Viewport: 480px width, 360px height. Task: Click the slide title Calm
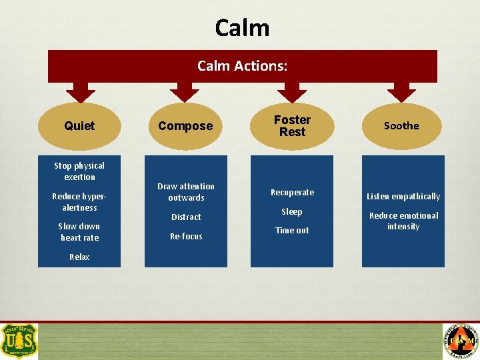pyautogui.click(x=242, y=28)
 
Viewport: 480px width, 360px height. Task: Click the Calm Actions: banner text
pyautogui.click(x=243, y=66)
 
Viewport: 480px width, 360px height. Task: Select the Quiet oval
pyautogui.click(x=79, y=126)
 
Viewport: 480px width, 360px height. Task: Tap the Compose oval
pyautogui.click(x=185, y=126)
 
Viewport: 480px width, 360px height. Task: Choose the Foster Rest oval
pyautogui.click(x=292, y=126)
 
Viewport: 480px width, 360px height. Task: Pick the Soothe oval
pyautogui.click(x=401, y=126)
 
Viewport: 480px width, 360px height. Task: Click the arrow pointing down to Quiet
pyautogui.click(x=80, y=93)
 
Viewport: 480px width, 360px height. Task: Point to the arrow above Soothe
pyautogui.click(x=401, y=93)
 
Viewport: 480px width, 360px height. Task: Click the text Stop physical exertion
pyautogui.click(x=79, y=171)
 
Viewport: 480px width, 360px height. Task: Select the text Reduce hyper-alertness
pyautogui.click(x=79, y=202)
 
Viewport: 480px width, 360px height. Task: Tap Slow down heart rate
pyautogui.click(x=79, y=232)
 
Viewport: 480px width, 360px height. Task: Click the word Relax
pyautogui.click(x=79, y=257)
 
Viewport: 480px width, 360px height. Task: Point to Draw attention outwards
pyautogui.click(x=186, y=192)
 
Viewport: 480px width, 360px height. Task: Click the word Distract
pyautogui.click(x=186, y=217)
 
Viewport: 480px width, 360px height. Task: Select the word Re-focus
pyautogui.click(x=186, y=237)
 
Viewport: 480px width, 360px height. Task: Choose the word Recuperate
pyautogui.click(x=292, y=193)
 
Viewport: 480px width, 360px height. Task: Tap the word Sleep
pyautogui.click(x=292, y=212)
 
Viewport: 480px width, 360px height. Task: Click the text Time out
pyautogui.click(x=292, y=231)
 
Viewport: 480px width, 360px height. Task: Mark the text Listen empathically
pyautogui.click(x=403, y=197)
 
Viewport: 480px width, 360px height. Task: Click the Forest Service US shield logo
pyautogui.click(x=19, y=341)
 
